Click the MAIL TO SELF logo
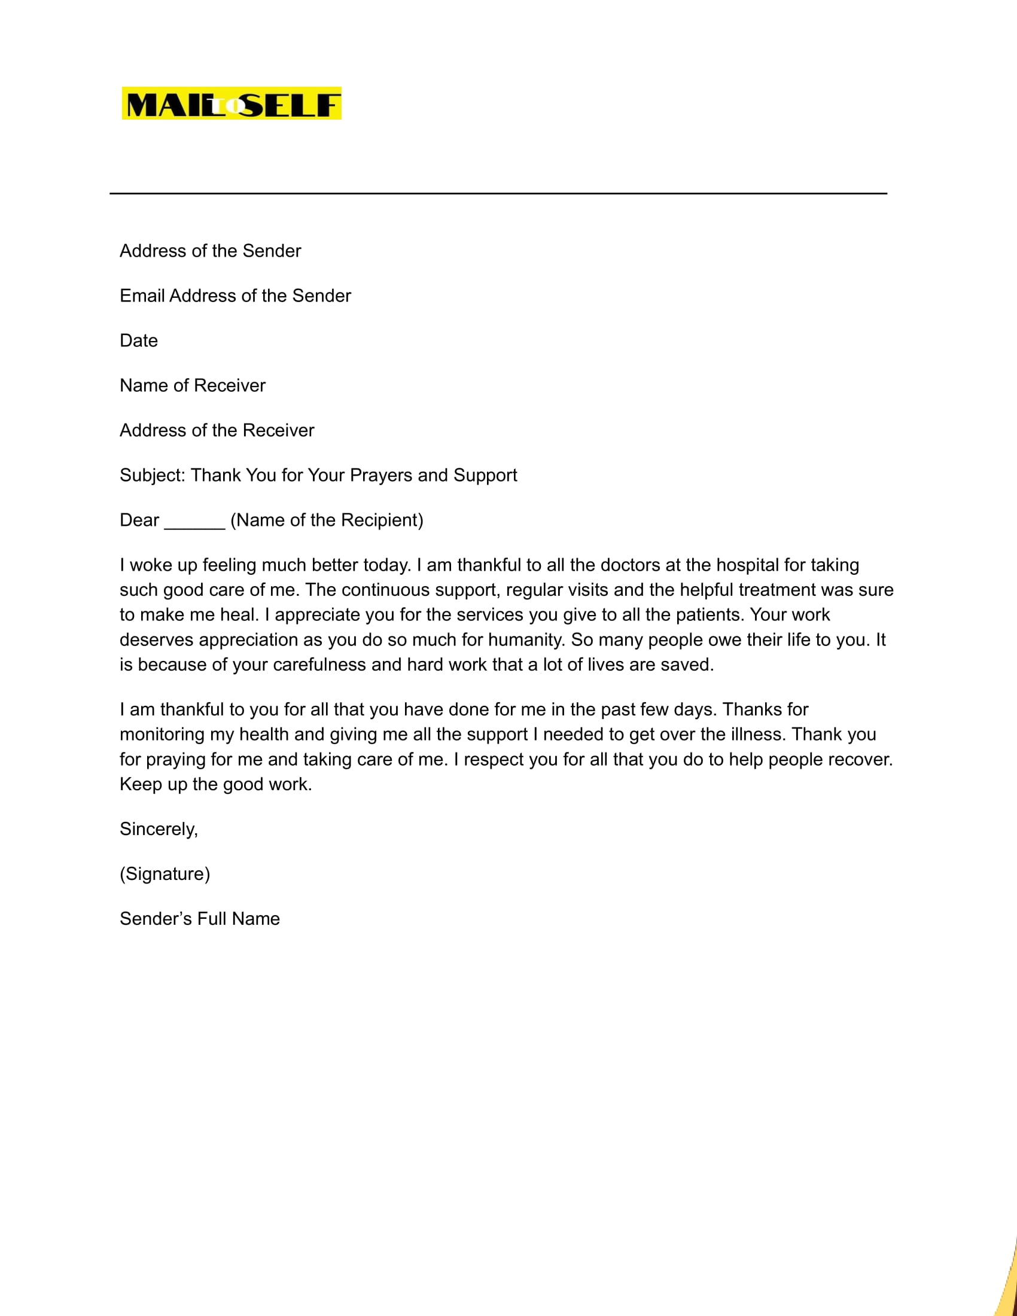point(232,103)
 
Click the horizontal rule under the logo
point(498,193)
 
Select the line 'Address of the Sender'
point(210,251)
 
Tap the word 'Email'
point(142,296)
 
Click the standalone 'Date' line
point(139,340)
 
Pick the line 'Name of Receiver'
point(192,386)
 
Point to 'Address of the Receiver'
point(217,430)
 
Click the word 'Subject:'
point(153,476)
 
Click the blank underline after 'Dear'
point(194,522)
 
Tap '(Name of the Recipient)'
point(327,520)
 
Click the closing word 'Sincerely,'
point(159,829)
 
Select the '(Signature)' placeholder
point(165,874)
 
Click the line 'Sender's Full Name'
point(199,919)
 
